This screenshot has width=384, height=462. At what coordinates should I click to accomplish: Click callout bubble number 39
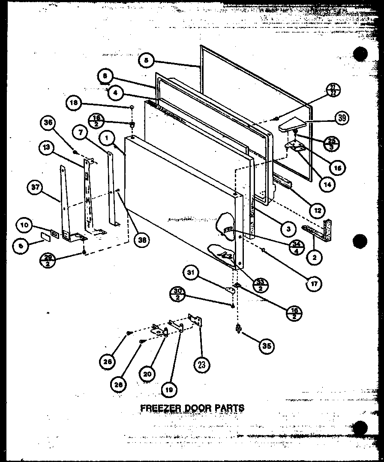(x=342, y=118)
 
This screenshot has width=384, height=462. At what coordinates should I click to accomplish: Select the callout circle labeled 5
(x=146, y=61)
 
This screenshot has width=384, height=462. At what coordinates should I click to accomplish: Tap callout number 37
(x=35, y=187)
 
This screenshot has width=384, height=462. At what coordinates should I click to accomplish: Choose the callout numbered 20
(x=147, y=373)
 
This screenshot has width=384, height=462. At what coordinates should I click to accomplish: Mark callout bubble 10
(x=24, y=224)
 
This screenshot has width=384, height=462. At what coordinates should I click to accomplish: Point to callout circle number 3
(x=288, y=229)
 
